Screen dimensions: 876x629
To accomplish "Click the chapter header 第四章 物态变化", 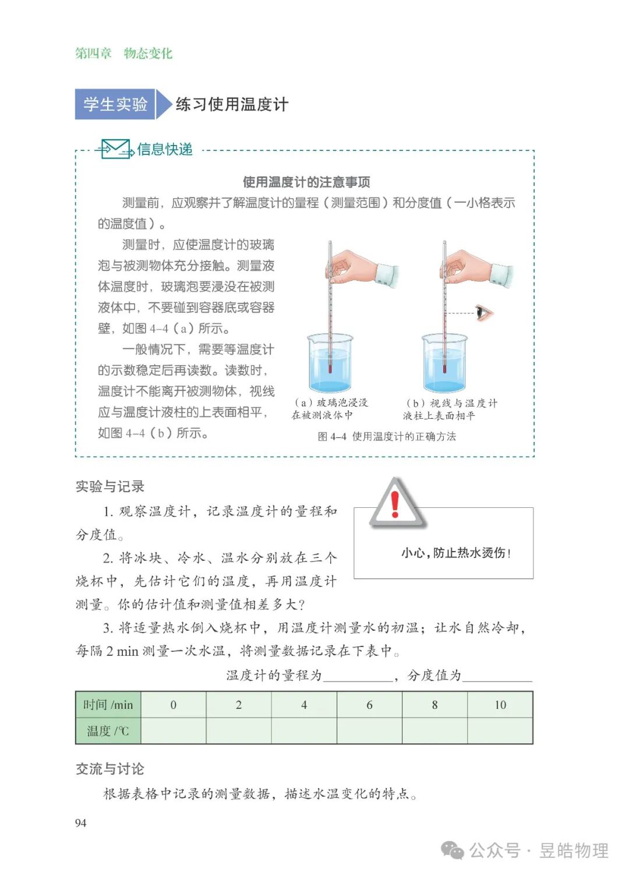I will coord(123,54).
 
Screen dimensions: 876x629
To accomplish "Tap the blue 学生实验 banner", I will coord(115,104).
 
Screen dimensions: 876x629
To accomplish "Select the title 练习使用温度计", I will coord(232,104).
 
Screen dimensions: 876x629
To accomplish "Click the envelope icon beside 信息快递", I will coord(115,149).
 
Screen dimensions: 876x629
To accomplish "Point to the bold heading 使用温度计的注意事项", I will coord(306,182).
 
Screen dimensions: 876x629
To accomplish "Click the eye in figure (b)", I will coord(483,313).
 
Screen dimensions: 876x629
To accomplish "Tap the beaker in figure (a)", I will coord(330,364).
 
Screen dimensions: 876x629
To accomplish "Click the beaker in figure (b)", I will coord(444,364).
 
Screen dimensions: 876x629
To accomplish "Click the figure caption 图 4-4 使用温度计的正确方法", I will coord(387,436).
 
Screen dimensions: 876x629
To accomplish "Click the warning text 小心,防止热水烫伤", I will coord(455,553).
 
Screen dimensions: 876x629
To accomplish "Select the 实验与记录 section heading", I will coord(110,486).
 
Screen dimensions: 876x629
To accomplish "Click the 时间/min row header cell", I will coord(108,705).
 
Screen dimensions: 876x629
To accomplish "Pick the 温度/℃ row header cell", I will coord(108,731).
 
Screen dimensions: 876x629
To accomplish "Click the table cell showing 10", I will coord(500,705).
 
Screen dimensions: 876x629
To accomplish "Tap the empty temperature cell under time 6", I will coord(369,731).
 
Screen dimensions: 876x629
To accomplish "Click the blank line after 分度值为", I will coord(498,676).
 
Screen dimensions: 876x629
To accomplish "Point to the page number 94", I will coord(81,822).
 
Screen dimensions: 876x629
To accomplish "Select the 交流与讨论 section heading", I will coord(110,769).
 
